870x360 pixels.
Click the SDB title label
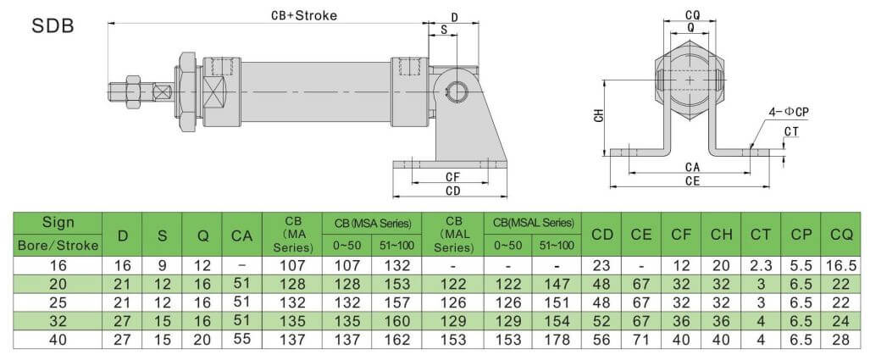click(53, 26)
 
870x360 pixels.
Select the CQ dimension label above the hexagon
click(692, 14)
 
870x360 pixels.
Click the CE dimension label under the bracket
click(693, 180)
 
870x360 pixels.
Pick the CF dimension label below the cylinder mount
click(452, 177)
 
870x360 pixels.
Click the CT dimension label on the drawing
click(791, 131)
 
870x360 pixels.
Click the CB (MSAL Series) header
click(532, 223)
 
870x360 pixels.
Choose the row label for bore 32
click(58, 322)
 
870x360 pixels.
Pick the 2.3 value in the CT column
click(760, 265)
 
